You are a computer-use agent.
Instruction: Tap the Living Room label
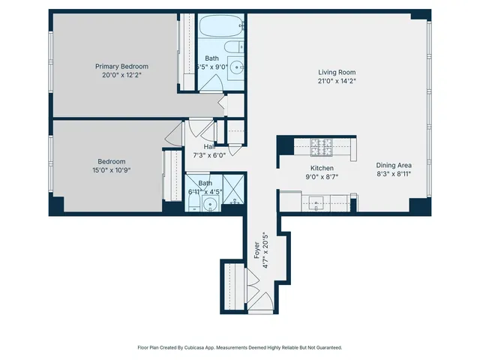point(336,72)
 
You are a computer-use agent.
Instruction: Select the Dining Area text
point(394,164)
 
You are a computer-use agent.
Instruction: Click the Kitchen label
point(322,168)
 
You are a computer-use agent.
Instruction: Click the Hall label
point(209,147)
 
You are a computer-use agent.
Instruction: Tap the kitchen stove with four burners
point(322,144)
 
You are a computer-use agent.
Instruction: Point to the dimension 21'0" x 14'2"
point(336,82)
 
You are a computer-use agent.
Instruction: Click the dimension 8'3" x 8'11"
point(394,173)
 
